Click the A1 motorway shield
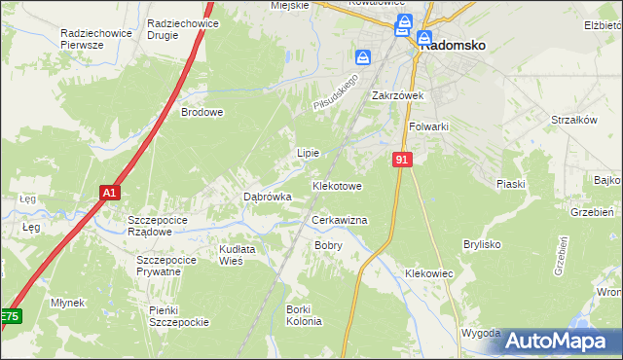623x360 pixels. pyautogui.click(x=110, y=193)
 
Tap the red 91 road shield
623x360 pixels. pyautogui.click(x=402, y=158)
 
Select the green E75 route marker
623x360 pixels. pyautogui.click(x=10, y=317)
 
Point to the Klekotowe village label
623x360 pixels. pyautogui.click(x=337, y=185)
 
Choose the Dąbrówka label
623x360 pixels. pyautogui.click(x=267, y=197)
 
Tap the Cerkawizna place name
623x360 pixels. pyautogui.click(x=339, y=221)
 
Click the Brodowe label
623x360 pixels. pyautogui.click(x=202, y=112)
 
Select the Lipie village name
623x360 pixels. pyautogui.click(x=308, y=154)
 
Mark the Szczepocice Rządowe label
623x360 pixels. pyautogui.click(x=150, y=226)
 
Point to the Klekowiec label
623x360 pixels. pyautogui.click(x=429, y=274)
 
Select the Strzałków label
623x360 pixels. pyautogui.click(x=573, y=120)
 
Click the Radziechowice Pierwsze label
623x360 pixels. pyautogui.click(x=95, y=38)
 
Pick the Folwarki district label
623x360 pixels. pyautogui.click(x=428, y=126)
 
